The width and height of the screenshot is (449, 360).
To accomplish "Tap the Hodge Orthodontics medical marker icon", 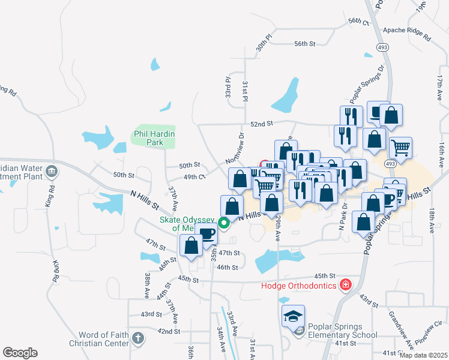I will click(345, 284).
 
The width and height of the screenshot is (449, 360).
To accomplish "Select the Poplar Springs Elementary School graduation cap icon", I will click(294, 316).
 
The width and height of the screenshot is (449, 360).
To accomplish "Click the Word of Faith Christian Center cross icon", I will click(138, 338).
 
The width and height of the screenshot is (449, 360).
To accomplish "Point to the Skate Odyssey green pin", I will click(224, 223).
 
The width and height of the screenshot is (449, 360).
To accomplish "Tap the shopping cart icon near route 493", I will click(400, 146).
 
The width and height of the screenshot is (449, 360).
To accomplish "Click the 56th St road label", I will click(305, 44).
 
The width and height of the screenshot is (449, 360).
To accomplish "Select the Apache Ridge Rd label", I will click(406, 32).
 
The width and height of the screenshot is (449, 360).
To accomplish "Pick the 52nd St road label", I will click(262, 124).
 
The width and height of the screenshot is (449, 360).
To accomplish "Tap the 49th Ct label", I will click(194, 177).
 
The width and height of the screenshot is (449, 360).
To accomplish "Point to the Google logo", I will click(20, 352).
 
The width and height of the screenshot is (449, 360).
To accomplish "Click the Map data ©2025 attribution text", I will click(423, 355).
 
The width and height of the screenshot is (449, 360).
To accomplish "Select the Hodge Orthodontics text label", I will click(298, 285).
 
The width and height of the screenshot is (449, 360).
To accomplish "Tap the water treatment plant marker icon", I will click(52, 172).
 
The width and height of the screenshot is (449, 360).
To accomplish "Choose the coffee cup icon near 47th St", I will click(206, 233).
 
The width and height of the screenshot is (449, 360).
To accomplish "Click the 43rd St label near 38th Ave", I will click(151, 314).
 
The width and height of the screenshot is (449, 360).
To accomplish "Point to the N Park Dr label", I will click(344, 217).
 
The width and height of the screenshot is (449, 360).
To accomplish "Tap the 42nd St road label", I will click(169, 331).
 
